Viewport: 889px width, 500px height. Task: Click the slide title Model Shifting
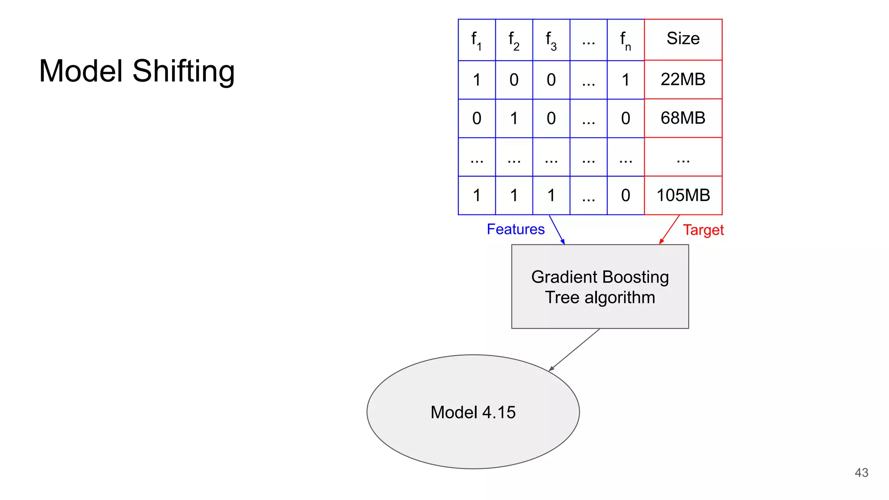(x=137, y=71)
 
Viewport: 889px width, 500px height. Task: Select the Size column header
(x=683, y=39)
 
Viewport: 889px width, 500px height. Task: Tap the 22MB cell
(x=683, y=79)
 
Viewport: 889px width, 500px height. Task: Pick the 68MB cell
(x=683, y=118)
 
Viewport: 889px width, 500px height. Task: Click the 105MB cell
(x=683, y=195)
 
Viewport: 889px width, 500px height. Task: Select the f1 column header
(x=477, y=40)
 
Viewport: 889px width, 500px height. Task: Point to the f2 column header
(x=514, y=40)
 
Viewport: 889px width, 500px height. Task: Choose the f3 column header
(x=551, y=40)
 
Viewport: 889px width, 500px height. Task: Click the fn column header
(x=626, y=40)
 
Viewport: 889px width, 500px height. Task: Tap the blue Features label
(x=515, y=229)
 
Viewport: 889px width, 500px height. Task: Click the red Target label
(x=703, y=230)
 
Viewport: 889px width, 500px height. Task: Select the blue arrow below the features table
(x=557, y=230)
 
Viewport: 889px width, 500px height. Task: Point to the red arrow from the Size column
(x=669, y=230)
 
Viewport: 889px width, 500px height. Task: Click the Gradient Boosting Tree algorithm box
(x=600, y=287)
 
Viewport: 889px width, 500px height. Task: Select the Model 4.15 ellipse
(x=473, y=412)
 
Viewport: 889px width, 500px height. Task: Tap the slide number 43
(x=861, y=473)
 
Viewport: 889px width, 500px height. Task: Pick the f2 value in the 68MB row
(x=514, y=118)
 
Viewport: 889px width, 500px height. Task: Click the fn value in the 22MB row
(x=626, y=80)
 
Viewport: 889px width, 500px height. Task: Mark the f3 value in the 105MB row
(x=551, y=196)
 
